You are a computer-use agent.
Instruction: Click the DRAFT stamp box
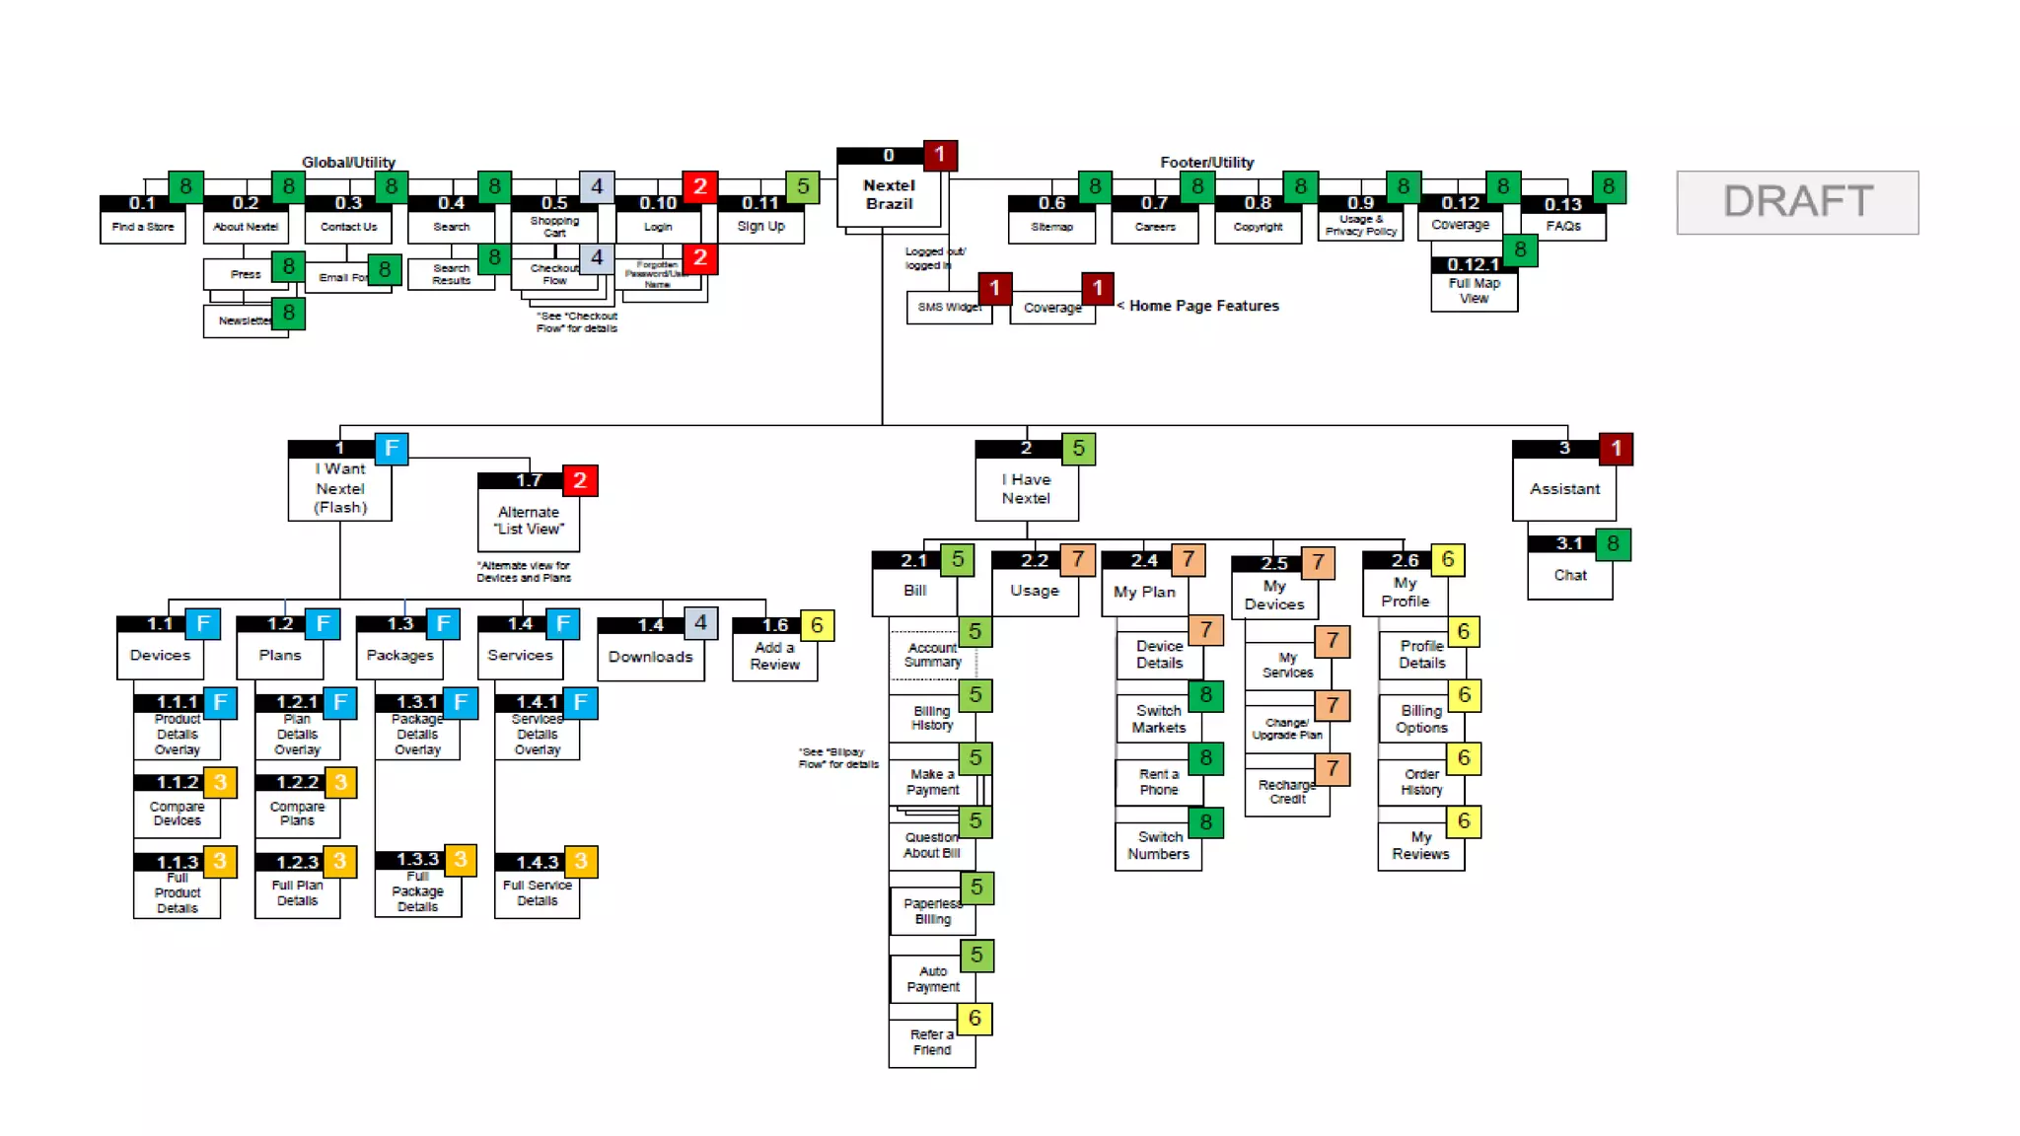[1797, 202]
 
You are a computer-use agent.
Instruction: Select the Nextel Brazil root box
[889, 195]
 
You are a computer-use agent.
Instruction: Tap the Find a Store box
[143, 227]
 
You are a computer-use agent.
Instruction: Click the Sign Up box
[760, 227]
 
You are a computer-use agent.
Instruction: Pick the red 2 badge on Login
[699, 186]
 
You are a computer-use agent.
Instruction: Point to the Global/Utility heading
[348, 162]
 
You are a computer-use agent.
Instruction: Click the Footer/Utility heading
[1206, 162]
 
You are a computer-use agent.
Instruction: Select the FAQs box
[1563, 227]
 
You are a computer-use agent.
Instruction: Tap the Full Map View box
[1474, 291]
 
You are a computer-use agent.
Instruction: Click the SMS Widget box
[948, 308]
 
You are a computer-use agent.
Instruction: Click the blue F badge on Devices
[203, 623]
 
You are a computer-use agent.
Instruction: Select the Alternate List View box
[529, 521]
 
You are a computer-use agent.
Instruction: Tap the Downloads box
[650, 658]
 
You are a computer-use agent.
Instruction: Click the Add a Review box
[774, 657]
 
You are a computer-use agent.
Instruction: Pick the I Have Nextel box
[1026, 489]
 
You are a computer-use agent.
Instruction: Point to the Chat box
[1569, 576]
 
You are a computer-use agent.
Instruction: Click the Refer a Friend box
[931, 1043]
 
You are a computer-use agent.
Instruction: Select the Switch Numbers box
[1158, 846]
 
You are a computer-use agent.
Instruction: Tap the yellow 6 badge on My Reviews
[1464, 821]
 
